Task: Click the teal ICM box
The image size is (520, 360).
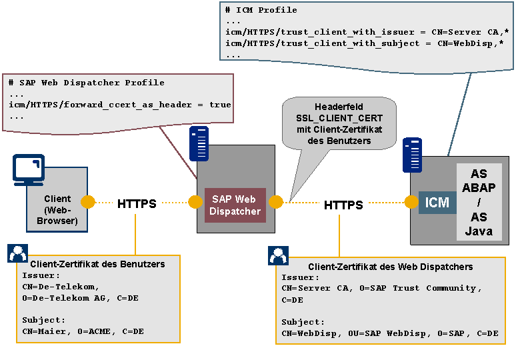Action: click(x=437, y=203)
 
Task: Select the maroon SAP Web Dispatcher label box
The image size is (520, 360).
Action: click(x=235, y=205)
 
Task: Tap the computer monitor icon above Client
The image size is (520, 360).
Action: click(x=29, y=170)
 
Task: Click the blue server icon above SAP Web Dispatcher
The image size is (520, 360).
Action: click(x=199, y=143)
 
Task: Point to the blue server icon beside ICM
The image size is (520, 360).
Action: click(x=412, y=155)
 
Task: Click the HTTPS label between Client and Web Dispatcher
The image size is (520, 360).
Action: click(x=137, y=203)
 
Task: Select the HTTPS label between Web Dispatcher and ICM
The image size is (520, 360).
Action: click(x=343, y=205)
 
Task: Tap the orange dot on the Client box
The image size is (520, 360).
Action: click(x=88, y=202)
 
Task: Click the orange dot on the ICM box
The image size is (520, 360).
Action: click(x=411, y=202)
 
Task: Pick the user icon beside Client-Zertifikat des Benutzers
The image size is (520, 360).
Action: click(x=17, y=253)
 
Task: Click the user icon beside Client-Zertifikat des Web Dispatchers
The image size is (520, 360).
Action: click(x=278, y=255)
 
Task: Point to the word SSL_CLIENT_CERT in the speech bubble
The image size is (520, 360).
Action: click(x=339, y=119)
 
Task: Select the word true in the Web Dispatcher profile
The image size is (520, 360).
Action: click(x=220, y=105)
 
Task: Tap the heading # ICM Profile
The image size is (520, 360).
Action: click(x=261, y=10)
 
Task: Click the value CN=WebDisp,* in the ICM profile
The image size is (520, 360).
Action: click(x=471, y=43)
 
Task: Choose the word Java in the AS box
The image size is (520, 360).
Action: click(x=479, y=231)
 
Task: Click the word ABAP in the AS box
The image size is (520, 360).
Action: click(x=479, y=187)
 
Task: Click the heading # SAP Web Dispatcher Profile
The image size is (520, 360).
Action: click(x=87, y=83)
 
